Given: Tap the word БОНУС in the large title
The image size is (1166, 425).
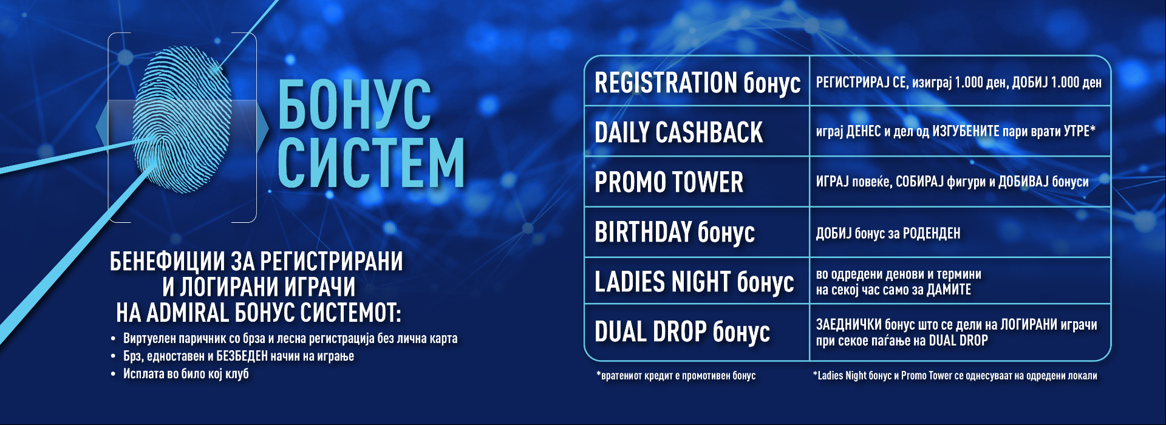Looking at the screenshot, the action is pos(355,104).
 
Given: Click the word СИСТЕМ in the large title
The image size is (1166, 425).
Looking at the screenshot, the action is pos(372,163).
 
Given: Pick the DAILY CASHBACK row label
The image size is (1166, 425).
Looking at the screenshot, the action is pos(678,132).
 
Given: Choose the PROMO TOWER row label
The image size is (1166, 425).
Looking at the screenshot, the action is pos(669,182).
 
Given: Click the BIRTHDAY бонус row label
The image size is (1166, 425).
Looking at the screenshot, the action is pos(675,232).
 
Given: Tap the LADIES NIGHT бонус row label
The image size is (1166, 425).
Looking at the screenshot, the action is pos(694,282).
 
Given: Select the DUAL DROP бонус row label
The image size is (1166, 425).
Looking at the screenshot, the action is pos(682,331).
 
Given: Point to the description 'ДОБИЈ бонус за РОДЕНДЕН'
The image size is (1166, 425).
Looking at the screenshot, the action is pos(888,233).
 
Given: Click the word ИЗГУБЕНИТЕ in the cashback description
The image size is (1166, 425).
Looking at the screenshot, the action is pos(966,131).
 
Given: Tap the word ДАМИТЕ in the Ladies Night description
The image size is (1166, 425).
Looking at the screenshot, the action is pos(949,290).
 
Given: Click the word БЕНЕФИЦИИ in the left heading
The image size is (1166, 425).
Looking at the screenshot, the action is pos(168,261).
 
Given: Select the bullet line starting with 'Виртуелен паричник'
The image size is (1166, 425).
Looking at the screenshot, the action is pos(290,338).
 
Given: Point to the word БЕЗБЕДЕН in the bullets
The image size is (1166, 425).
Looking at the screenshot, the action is pos(242,356).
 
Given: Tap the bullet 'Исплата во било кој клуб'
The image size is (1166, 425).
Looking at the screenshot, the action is pos(186,373).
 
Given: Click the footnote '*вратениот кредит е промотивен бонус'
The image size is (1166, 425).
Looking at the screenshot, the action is pos(676,375).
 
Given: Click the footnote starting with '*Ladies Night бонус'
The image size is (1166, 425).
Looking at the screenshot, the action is pos(955,375).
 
